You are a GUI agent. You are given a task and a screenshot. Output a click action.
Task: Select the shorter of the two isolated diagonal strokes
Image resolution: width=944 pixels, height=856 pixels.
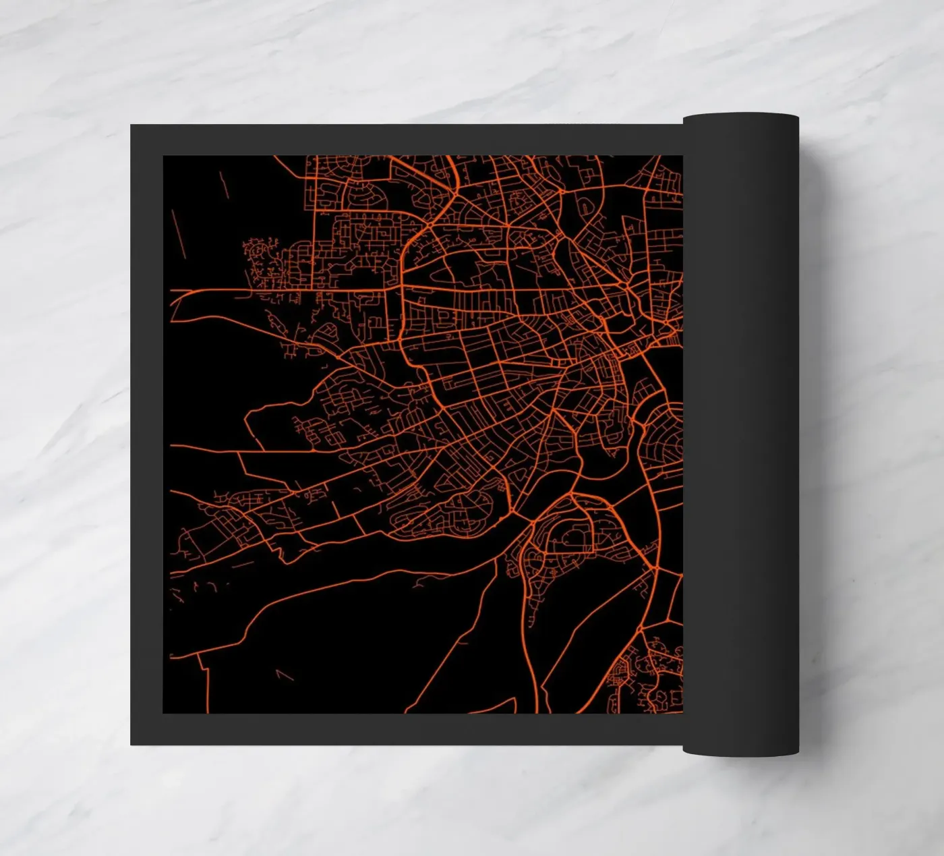(224, 183)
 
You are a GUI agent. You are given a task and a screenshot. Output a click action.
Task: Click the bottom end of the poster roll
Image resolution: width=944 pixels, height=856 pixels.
(740, 750)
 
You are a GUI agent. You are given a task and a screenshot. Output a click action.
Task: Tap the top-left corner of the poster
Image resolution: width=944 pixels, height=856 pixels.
(131, 126)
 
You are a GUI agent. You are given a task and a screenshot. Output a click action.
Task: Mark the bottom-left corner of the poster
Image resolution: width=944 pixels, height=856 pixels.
(131, 744)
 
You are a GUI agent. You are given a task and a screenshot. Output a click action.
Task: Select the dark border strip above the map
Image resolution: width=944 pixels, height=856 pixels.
(405, 140)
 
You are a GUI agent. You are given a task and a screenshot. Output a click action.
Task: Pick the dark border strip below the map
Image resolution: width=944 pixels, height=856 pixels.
(405, 729)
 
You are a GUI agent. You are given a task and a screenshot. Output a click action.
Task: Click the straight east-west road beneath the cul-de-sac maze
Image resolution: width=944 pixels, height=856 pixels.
(270, 291)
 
